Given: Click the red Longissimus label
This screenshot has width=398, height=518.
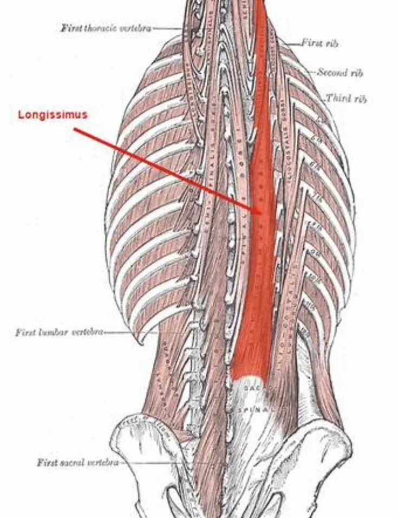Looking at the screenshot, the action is click(x=53, y=115).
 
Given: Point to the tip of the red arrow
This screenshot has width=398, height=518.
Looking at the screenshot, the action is click(x=260, y=212).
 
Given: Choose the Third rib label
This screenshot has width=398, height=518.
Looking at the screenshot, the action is click(x=346, y=98).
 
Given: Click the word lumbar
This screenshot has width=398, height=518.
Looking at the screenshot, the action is click(x=54, y=332).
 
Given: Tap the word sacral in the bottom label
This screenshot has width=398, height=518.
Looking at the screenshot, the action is click(x=70, y=463).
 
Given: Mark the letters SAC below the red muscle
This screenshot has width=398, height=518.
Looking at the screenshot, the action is click(x=252, y=388).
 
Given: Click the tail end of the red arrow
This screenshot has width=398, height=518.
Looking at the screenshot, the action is click(x=75, y=130).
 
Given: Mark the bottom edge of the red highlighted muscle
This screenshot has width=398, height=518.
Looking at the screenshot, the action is click(x=250, y=376).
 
